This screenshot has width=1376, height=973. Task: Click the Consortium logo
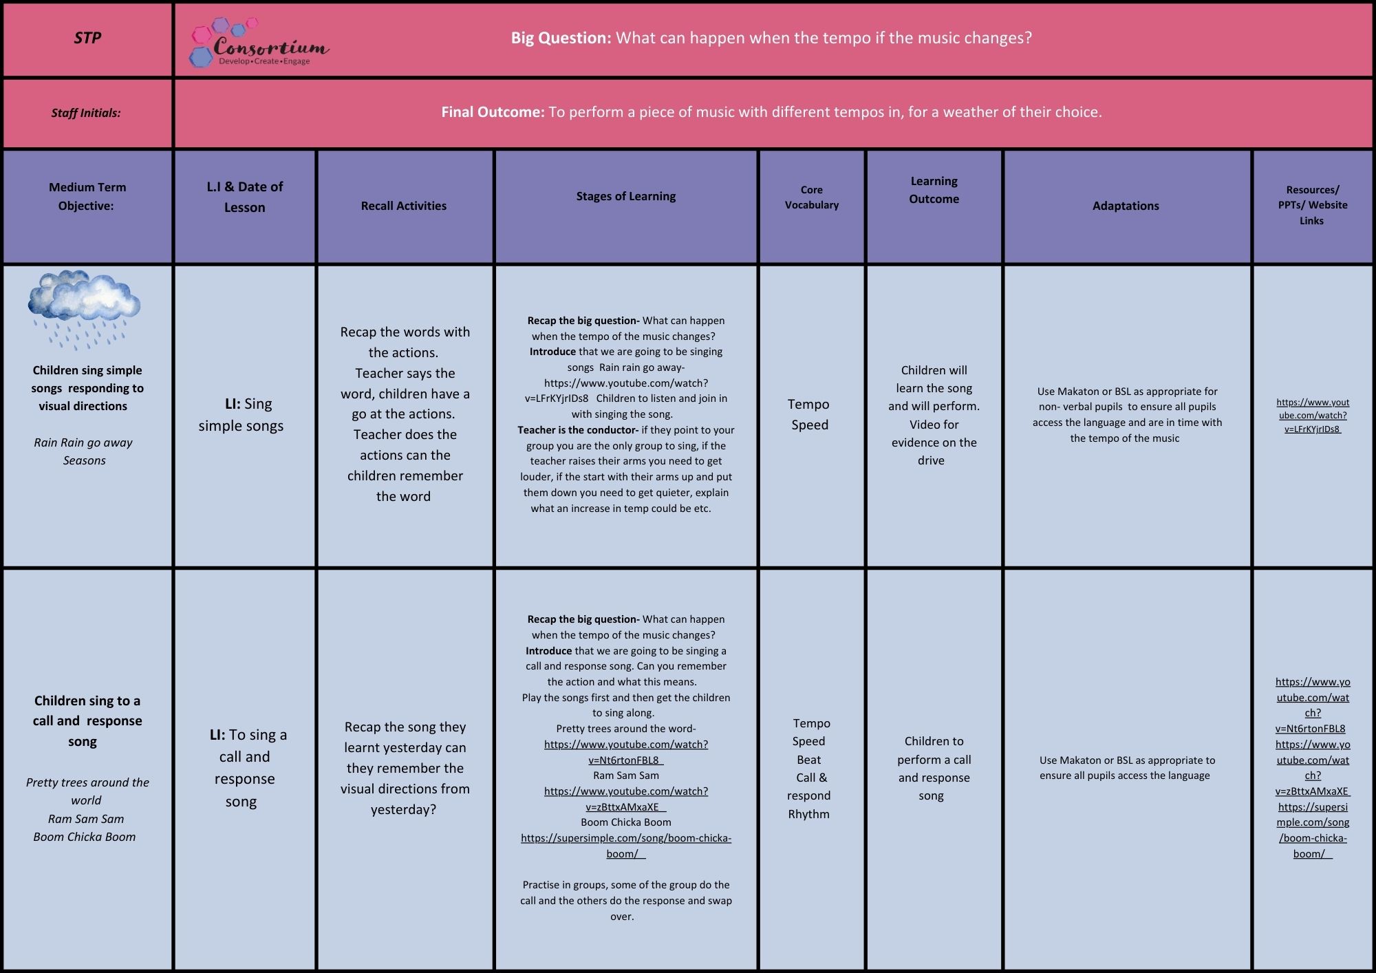point(259,43)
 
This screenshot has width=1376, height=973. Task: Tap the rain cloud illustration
point(84,308)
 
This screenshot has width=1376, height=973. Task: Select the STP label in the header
point(87,38)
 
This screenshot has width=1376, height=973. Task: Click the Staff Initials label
point(86,113)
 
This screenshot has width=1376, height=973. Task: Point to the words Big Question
point(561,38)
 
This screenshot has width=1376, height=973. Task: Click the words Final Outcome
point(493,111)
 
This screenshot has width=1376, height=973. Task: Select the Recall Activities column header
point(404,206)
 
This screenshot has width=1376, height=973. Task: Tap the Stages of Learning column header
point(626,196)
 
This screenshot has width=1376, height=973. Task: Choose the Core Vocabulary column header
point(812,197)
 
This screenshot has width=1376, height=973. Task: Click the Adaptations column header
point(1126,206)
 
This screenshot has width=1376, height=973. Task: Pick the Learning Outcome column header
point(934,190)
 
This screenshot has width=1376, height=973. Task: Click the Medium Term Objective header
point(87,196)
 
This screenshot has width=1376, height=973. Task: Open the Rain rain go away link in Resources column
point(1313,416)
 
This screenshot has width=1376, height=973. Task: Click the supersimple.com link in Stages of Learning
point(626,846)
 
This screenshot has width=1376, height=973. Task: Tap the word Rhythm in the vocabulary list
point(809,814)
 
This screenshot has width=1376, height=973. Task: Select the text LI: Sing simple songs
point(241,414)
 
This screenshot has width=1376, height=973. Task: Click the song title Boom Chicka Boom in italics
point(85,837)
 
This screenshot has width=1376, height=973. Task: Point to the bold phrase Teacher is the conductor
point(578,430)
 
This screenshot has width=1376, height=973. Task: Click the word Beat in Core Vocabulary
point(809,760)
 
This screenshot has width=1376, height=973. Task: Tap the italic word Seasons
point(85,460)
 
